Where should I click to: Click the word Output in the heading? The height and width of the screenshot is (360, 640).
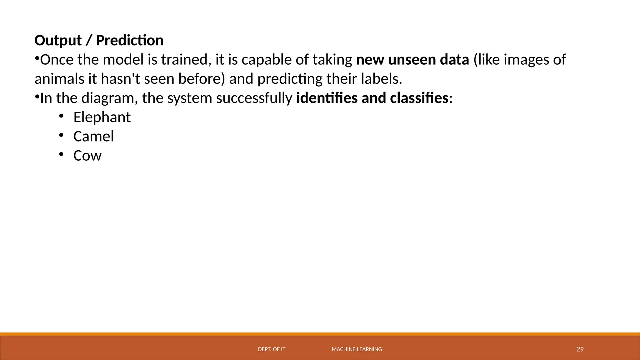(x=58, y=41)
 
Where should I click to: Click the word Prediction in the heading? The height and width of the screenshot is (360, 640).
(x=130, y=41)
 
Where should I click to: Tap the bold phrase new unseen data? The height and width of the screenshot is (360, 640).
(x=412, y=60)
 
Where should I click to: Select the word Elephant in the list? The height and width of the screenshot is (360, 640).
(x=102, y=117)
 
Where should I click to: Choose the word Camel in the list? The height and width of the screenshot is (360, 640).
(x=93, y=137)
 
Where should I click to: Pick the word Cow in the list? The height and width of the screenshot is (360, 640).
(x=87, y=156)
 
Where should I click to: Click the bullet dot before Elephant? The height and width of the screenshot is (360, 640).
(x=61, y=116)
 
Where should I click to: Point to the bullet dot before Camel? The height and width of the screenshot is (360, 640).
(x=61, y=135)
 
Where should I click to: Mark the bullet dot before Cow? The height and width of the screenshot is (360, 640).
(x=61, y=154)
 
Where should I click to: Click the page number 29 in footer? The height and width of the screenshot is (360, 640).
(x=580, y=349)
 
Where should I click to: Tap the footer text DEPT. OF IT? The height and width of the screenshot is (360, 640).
(x=272, y=349)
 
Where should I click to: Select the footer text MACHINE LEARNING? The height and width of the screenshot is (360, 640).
(x=357, y=349)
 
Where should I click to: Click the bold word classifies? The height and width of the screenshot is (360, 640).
(x=419, y=98)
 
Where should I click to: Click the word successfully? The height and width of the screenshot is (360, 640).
(x=254, y=98)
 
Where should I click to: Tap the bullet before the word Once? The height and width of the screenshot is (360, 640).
(x=37, y=58)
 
